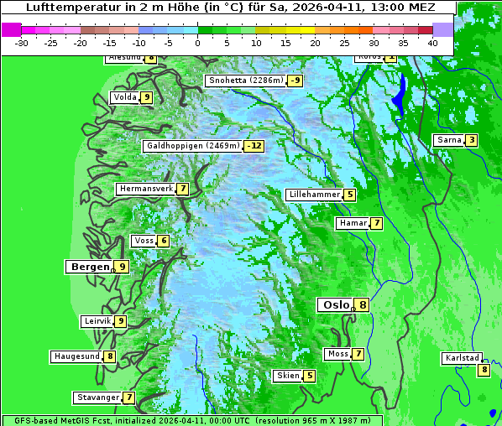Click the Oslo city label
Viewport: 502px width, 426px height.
click(334, 305)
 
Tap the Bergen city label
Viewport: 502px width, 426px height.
click(89, 267)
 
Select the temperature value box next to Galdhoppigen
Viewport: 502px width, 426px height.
click(254, 146)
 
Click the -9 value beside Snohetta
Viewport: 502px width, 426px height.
click(295, 81)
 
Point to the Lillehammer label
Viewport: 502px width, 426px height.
click(314, 195)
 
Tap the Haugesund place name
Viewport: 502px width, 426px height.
click(76, 356)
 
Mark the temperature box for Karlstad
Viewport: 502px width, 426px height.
click(484, 370)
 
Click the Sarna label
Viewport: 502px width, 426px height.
click(448, 140)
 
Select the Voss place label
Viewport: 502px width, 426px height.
click(144, 241)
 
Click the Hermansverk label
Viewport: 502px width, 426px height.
click(145, 189)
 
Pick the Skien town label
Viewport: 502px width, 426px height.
click(288, 376)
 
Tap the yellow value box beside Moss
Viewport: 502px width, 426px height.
click(358, 354)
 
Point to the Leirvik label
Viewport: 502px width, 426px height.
click(97, 321)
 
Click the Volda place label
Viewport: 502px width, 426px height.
click(124, 97)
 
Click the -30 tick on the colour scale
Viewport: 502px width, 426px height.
click(22, 43)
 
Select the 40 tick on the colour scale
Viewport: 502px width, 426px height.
click(432, 43)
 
